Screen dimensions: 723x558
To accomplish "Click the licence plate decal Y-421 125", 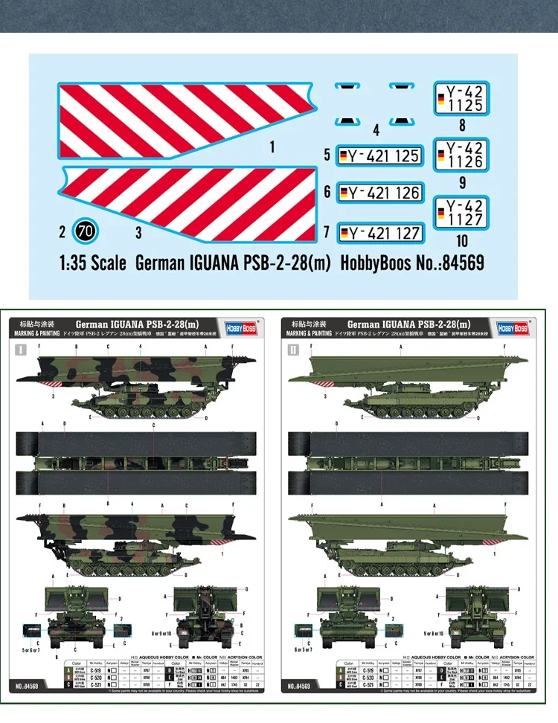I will (379, 156).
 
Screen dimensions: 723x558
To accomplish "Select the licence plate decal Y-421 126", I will (379, 193).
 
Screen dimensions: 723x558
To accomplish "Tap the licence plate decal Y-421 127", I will (379, 233).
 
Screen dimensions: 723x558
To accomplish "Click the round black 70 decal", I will (86, 232).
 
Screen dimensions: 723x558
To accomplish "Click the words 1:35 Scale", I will (92, 263).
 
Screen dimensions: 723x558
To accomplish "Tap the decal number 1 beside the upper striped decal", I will (272, 147).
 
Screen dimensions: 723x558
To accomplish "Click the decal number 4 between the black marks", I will (376, 131).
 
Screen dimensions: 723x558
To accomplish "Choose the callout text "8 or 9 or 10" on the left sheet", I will (161, 633).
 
